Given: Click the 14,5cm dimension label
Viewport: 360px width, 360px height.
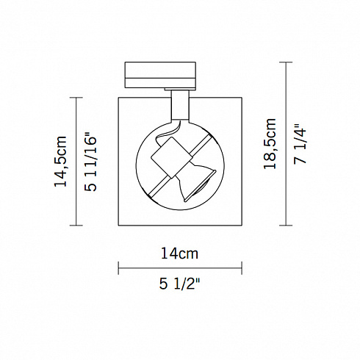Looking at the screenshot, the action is [60, 161].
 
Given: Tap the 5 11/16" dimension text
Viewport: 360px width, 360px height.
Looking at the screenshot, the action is [91, 162].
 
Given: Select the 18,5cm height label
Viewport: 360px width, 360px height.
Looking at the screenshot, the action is [270, 143].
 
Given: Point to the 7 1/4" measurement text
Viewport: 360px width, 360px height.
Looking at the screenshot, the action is [300, 144].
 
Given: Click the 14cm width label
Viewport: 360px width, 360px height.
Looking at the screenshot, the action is [179, 253].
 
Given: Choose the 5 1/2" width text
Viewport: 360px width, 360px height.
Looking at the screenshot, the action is [179, 284].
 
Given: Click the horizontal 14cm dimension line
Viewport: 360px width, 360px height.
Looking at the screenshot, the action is [180, 268].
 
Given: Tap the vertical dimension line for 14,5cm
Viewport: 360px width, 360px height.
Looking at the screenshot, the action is [76, 162].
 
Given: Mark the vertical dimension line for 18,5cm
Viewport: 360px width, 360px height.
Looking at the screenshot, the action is [286, 144].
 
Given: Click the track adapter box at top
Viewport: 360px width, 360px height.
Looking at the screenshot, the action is [160, 75].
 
